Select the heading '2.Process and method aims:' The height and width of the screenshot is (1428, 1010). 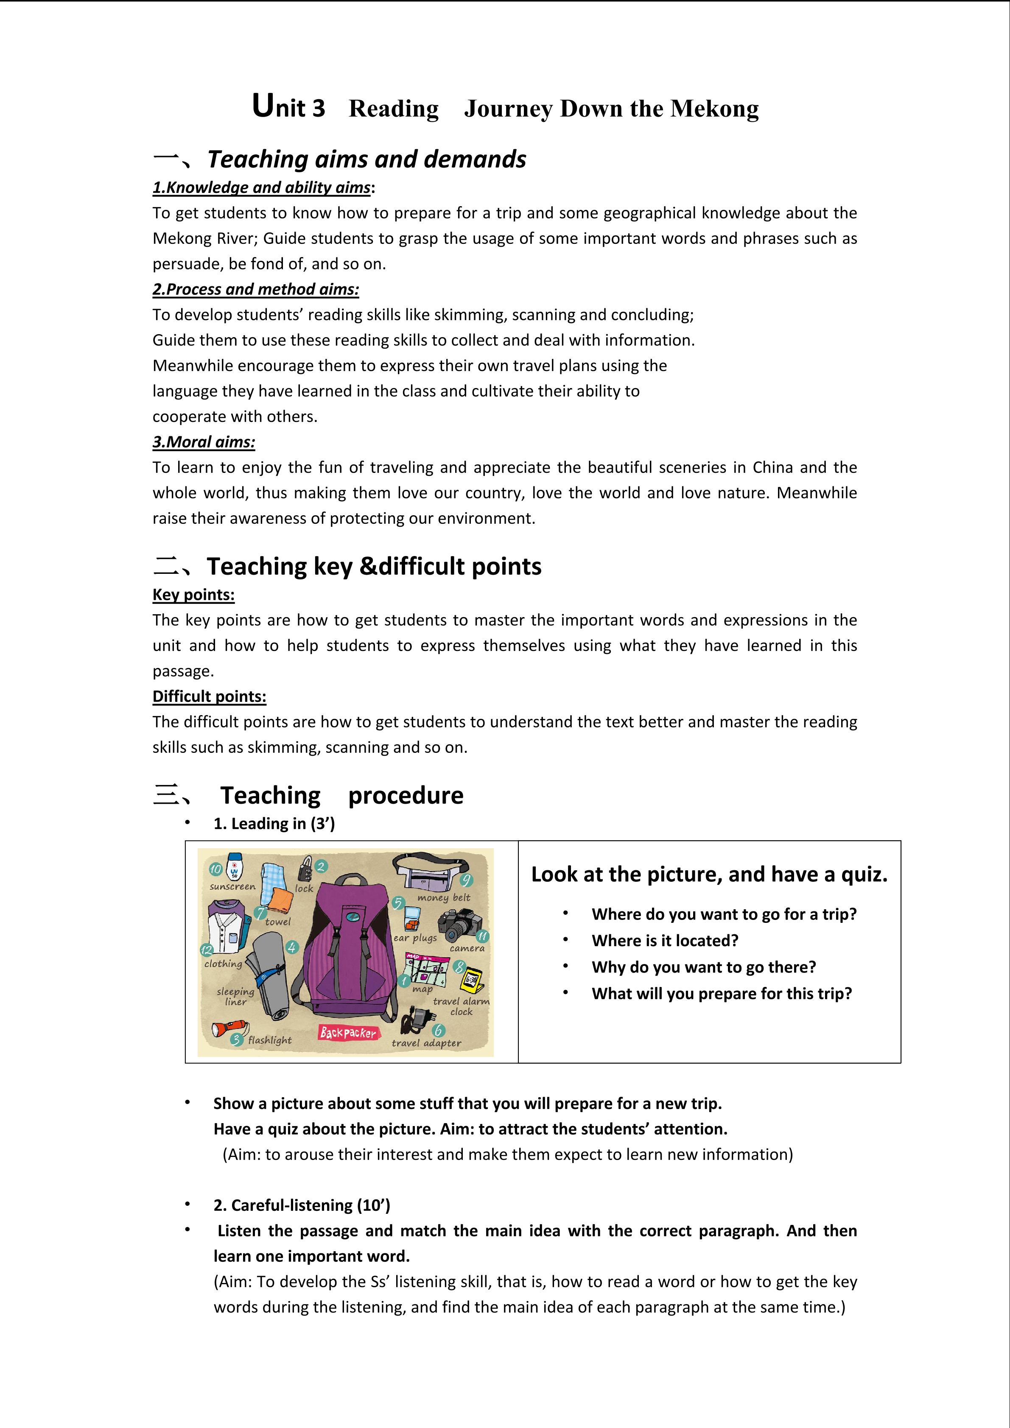click(x=256, y=289)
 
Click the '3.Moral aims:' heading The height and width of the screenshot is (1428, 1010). click(x=204, y=442)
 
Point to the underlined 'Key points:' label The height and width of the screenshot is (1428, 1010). click(x=193, y=595)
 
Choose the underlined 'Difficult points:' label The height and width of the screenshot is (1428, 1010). click(x=209, y=696)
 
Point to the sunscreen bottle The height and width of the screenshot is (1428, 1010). click(x=235, y=867)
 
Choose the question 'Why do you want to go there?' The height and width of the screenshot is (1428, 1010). click(x=703, y=967)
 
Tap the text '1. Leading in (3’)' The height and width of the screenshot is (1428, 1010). click(x=274, y=824)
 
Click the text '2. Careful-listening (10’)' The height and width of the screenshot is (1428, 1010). click(x=302, y=1205)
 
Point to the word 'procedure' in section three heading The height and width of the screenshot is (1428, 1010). click(x=406, y=796)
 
